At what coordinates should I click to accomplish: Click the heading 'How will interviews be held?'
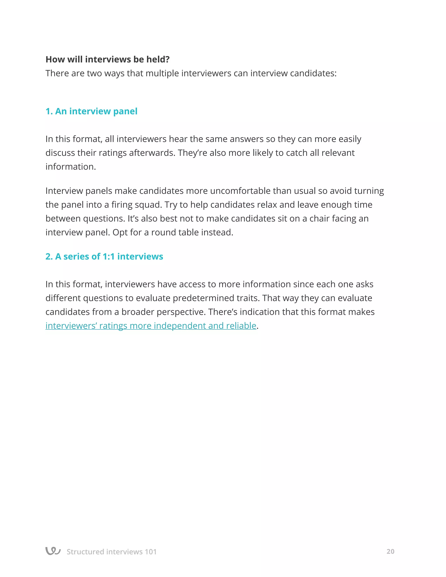click(x=107, y=59)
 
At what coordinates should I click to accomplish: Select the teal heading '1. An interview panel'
click(x=91, y=111)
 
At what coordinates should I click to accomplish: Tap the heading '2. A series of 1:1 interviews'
click(x=104, y=256)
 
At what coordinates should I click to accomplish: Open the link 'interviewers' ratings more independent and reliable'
click(x=151, y=326)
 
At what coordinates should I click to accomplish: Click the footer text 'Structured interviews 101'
click(x=111, y=552)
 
